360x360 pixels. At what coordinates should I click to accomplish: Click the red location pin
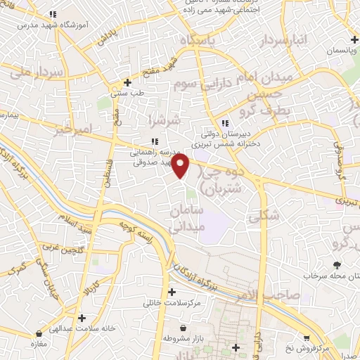(x=181, y=167)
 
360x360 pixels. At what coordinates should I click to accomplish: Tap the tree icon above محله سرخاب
(x=337, y=265)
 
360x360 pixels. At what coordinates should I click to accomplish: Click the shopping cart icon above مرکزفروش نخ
(x=306, y=338)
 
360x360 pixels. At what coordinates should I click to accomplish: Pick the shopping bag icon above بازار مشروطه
(x=184, y=328)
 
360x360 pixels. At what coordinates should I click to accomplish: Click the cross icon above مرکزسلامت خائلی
(x=172, y=292)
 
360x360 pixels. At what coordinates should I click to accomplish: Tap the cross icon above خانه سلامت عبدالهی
(x=82, y=318)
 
